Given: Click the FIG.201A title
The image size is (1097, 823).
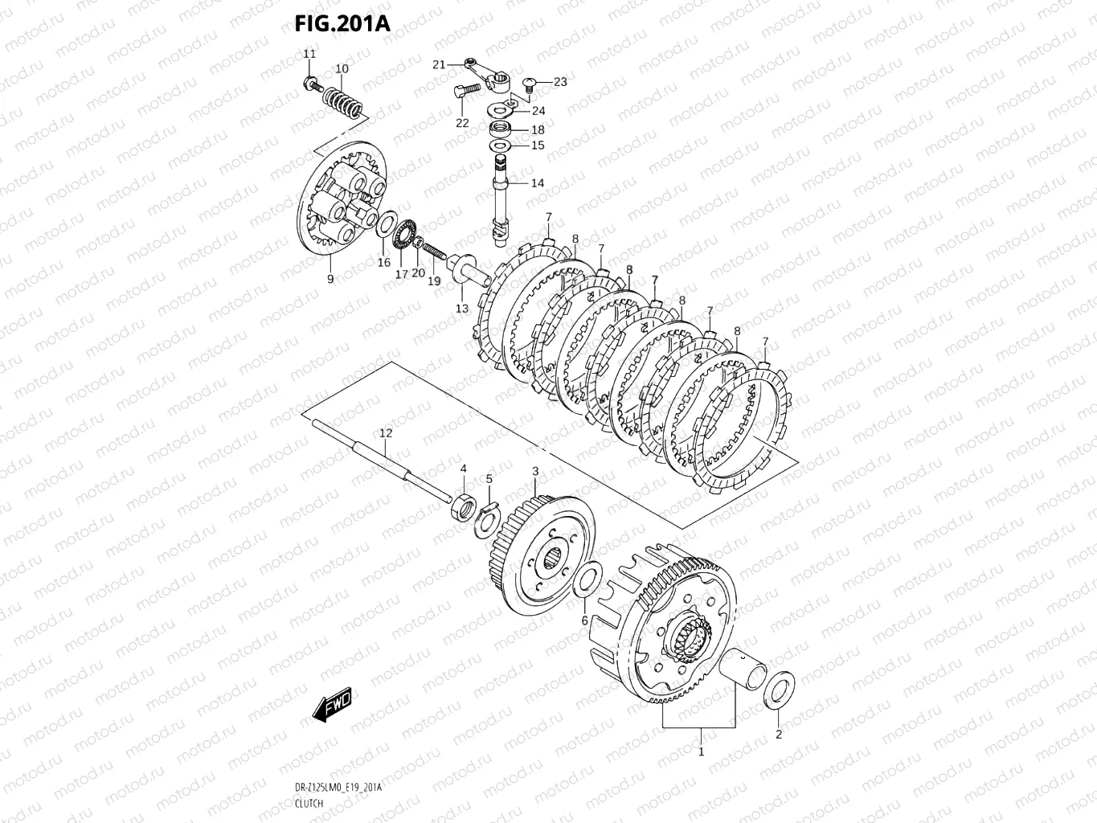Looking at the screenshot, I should point(342,23).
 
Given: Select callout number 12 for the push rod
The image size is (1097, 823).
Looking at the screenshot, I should point(386,433).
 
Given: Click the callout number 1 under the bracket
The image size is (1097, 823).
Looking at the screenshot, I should point(701,752).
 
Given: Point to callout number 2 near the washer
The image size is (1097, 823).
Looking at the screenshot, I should point(778,734).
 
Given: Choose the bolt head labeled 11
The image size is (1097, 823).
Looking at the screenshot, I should point(309,82).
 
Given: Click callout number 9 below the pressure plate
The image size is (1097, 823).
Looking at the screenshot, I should point(330,279).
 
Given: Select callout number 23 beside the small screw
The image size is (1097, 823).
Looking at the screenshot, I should point(560,82).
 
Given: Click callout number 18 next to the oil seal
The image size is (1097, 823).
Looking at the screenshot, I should point(538,129).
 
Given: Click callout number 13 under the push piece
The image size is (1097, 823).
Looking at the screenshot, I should point(462,309).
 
